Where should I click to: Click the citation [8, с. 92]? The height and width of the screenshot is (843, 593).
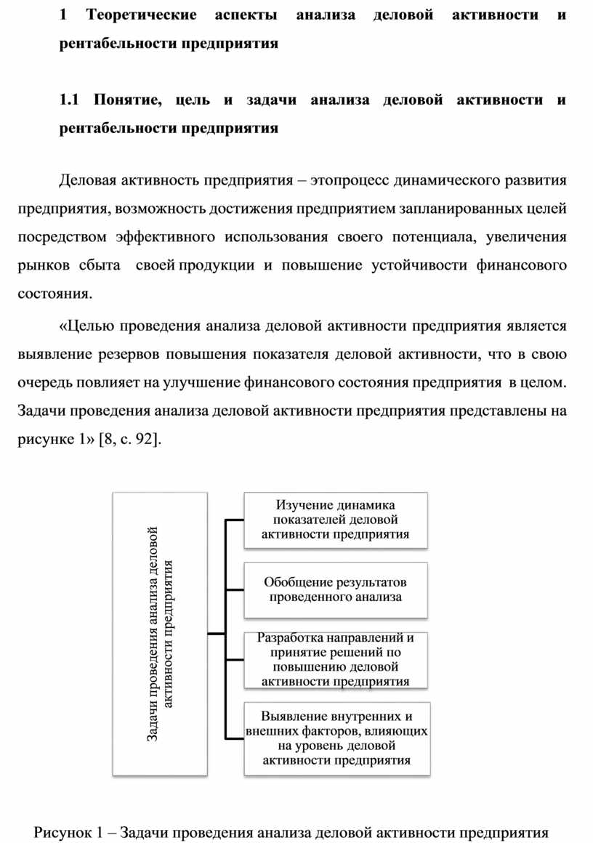pyautogui.click(x=129, y=438)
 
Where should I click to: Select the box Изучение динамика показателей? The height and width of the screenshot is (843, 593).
pyautogui.click(x=334, y=520)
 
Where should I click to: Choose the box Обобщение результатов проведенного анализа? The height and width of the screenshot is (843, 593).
pyautogui.click(x=335, y=589)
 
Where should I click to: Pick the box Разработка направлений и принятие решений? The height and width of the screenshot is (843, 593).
pyautogui.click(x=335, y=660)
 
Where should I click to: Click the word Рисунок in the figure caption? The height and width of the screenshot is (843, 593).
pyautogui.click(x=62, y=832)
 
